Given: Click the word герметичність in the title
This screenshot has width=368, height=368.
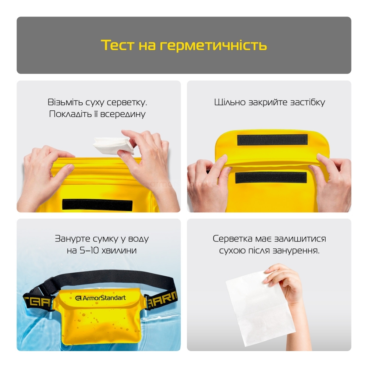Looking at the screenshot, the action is coord(213,45).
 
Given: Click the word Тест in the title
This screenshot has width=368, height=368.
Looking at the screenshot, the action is coord(118,45).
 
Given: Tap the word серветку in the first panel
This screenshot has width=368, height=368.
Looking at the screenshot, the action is coord(127,102).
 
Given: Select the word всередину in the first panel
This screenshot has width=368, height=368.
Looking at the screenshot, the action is coord(123,114).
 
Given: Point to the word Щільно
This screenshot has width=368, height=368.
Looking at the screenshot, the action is coord(230,102).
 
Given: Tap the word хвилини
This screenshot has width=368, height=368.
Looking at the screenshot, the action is coord(119,250).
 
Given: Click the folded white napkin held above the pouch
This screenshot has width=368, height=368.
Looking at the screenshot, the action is coord(113,145).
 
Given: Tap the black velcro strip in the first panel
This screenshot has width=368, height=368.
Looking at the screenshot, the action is coord(98,205).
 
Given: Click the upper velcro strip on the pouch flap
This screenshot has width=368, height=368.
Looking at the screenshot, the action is coord(272,140).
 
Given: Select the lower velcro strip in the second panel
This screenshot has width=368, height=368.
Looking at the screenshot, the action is coord(271,177).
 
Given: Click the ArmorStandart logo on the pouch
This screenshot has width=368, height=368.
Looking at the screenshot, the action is coord(100,298).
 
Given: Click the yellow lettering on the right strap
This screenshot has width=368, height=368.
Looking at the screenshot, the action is coord(162,300).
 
